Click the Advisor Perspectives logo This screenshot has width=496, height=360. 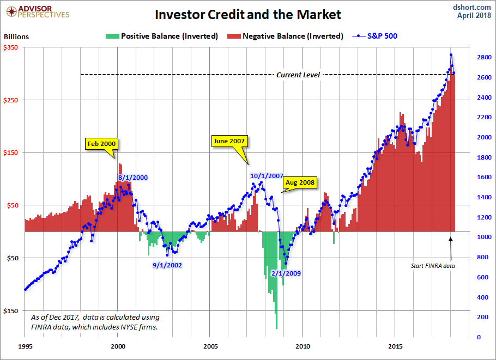click(x=37, y=11)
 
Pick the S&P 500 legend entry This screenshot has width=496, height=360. click(x=377, y=36)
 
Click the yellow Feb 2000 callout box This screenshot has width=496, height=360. click(x=101, y=144)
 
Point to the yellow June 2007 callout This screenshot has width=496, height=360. click(x=229, y=141)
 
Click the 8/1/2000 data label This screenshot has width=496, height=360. click(x=133, y=177)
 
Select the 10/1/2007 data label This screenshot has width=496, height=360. click(x=267, y=176)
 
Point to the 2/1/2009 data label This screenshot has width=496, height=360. click(x=285, y=273)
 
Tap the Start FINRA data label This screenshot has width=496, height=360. click(x=433, y=266)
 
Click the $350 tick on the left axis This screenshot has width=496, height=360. click(x=11, y=47)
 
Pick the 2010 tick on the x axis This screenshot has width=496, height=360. click(x=303, y=346)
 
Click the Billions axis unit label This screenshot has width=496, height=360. click(x=16, y=37)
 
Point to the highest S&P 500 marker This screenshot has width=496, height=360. click(x=451, y=55)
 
